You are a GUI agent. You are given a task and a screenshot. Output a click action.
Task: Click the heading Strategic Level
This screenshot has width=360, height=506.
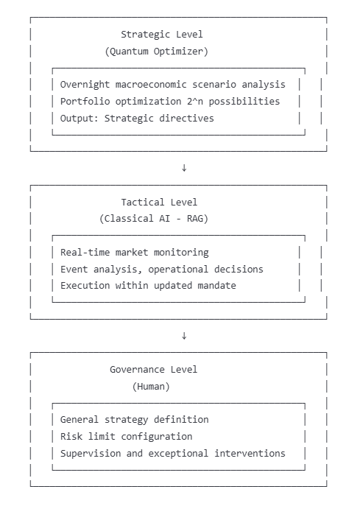[x=162, y=34]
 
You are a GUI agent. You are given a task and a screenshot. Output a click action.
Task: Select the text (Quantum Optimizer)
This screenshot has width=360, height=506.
[x=157, y=52]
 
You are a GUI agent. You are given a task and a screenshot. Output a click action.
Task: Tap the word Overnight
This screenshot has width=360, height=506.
[x=85, y=85]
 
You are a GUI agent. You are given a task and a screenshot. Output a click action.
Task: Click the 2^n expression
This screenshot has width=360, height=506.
[x=195, y=102]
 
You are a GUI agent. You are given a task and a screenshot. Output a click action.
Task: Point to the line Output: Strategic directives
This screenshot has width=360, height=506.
[x=137, y=119]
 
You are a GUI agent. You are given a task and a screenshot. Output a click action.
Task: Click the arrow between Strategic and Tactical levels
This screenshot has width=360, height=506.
[x=184, y=168]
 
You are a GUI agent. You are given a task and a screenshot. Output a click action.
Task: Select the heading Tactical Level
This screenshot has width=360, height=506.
[x=159, y=203]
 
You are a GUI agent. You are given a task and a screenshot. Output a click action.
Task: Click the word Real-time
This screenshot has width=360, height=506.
[x=85, y=253]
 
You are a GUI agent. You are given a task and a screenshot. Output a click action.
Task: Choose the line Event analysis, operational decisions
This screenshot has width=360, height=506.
[x=162, y=269]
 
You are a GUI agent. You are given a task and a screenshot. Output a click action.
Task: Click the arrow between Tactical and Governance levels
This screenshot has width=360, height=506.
[x=184, y=336]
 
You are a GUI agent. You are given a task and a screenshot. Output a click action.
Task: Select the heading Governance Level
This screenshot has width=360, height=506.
[x=154, y=370]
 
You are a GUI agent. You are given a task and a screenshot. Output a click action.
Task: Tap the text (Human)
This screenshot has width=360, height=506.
[x=151, y=387]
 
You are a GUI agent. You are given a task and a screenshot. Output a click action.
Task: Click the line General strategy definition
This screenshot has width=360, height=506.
[x=135, y=420]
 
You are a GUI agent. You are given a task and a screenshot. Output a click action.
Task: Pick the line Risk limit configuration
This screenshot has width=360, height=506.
[x=126, y=437]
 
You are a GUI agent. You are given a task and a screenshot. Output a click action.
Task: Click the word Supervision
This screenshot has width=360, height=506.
[x=91, y=454]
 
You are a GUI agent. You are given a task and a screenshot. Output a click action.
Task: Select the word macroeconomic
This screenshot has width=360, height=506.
[x=151, y=85]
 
